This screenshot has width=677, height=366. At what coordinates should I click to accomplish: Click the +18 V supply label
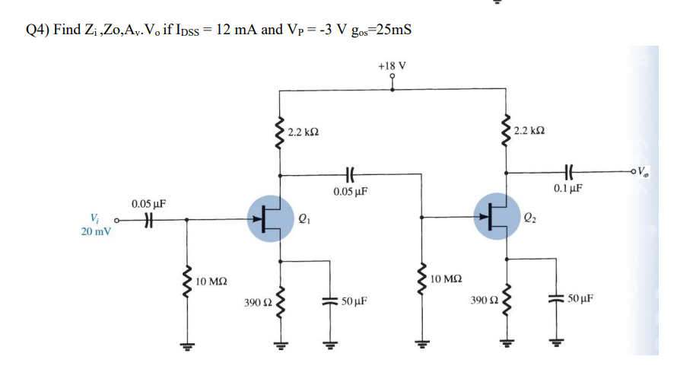[x=392, y=65]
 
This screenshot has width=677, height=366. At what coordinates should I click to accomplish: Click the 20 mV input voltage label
[x=96, y=231]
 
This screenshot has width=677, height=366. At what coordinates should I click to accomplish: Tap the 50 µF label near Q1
[x=354, y=301]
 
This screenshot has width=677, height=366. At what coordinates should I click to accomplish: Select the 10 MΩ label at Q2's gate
[x=444, y=280]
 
